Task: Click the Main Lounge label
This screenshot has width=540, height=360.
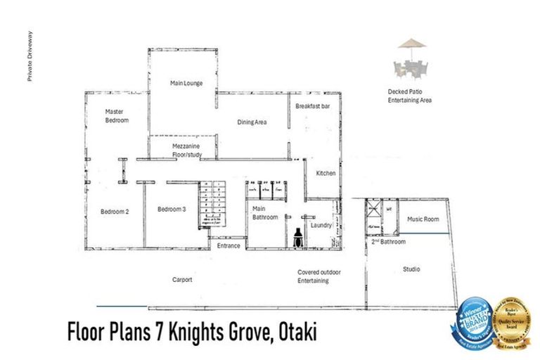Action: pos(186,83)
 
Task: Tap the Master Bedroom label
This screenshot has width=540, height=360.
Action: pos(117,115)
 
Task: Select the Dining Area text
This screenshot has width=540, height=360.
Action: pos(252,122)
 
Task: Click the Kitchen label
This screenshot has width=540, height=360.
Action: pos(326,173)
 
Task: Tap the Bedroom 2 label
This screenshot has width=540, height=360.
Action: pos(114,212)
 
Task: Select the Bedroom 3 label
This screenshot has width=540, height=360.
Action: pos(172,209)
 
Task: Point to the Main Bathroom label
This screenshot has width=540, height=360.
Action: pos(265,212)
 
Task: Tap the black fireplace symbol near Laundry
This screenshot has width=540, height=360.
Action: pos(298,238)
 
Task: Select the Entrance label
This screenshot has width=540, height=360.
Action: pos(229,245)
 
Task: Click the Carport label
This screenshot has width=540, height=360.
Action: pos(182,279)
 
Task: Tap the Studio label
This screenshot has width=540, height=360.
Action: pos(411,269)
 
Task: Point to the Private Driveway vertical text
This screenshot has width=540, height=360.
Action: pos(30,57)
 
